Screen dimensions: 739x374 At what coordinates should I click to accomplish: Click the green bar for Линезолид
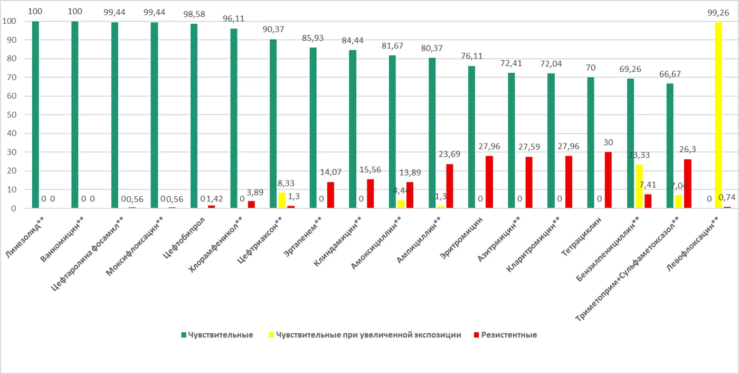(35, 114)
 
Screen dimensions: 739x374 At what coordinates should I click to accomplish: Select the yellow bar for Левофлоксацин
(718, 115)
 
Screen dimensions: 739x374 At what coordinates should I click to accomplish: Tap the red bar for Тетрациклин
(608, 180)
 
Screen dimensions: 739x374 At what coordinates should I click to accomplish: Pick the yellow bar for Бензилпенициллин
(639, 186)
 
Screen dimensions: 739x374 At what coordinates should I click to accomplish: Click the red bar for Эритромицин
(489, 182)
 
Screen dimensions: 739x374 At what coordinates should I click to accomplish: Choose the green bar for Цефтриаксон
(273, 123)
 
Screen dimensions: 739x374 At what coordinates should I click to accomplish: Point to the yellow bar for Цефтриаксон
(282, 200)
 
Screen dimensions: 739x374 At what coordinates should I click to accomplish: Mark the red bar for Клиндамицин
(371, 194)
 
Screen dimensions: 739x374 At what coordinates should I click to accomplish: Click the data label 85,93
(312, 39)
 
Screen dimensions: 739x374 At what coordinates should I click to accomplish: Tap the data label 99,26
(718, 13)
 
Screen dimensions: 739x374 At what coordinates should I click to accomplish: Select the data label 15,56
(370, 170)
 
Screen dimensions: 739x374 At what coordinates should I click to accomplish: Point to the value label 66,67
(670, 74)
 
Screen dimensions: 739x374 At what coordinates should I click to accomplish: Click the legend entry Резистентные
(506, 335)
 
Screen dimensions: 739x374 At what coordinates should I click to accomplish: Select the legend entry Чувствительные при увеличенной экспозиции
(365, 335)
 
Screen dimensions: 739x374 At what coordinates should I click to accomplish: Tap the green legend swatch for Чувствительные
(184, 335)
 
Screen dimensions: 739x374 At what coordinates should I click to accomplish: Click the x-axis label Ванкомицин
(62, 239)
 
